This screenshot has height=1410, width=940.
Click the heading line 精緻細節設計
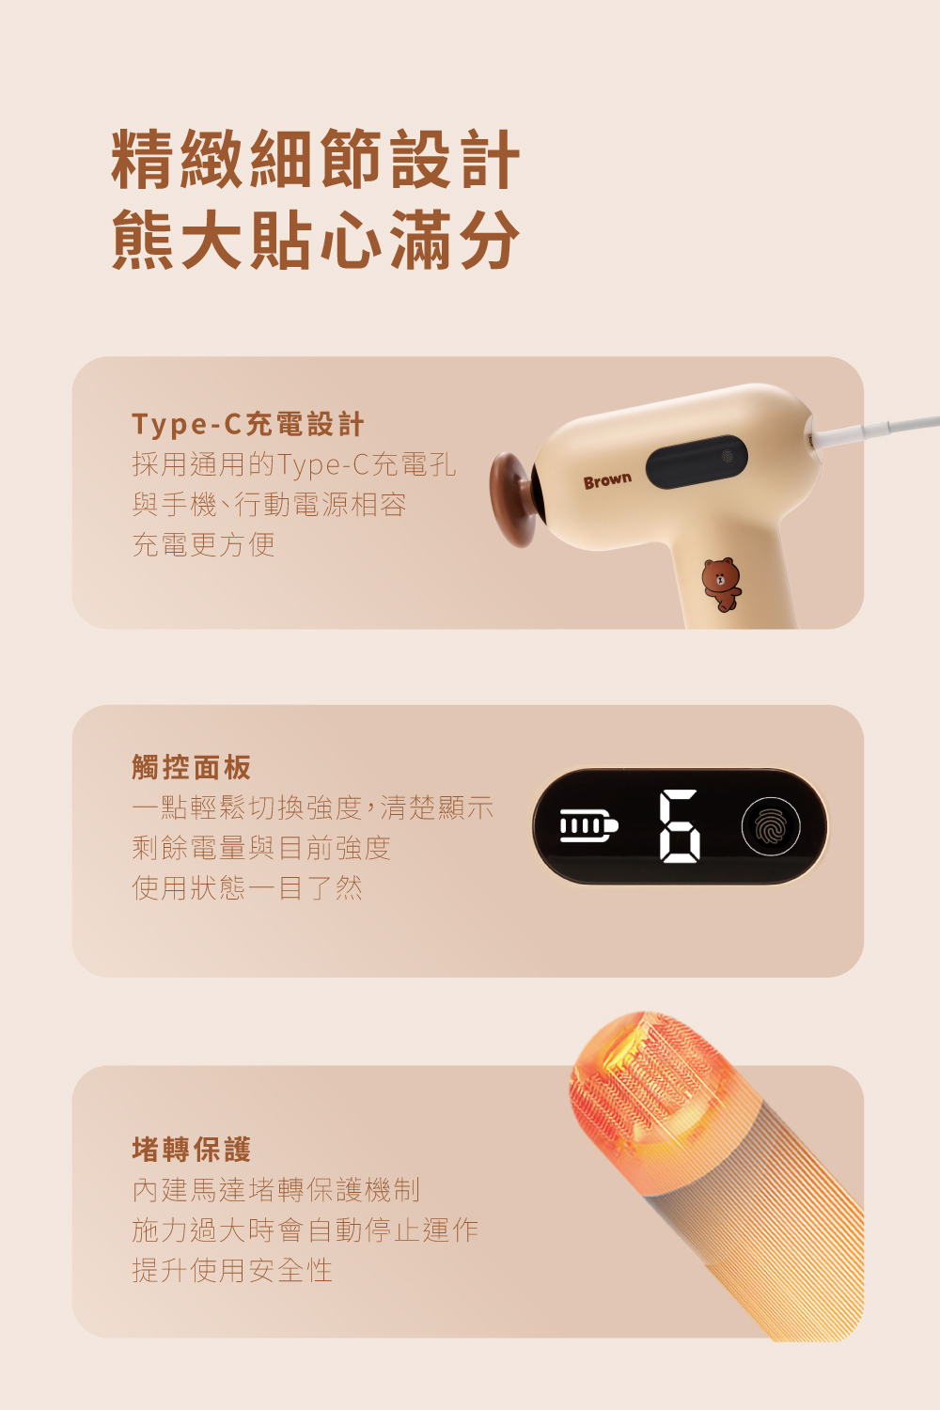point(316,159)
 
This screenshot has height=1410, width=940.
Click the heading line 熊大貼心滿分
point(316,240)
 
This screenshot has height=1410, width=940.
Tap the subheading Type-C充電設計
point(248,424)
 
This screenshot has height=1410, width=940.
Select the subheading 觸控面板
point(192,767)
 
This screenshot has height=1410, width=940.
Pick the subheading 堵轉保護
point(192,1149)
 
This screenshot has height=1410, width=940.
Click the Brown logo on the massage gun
point(607,481)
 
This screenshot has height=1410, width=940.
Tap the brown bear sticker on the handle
point(722,584)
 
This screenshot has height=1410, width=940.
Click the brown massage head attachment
point(514,498)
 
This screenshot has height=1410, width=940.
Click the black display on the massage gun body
point(697,462)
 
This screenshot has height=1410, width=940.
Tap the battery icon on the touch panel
point(588,825)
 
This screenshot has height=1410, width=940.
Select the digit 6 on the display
point(680,825)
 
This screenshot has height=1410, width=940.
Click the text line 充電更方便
point(203,544)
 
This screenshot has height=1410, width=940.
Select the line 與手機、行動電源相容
point(270,504)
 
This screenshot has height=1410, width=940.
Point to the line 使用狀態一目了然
point(247,887)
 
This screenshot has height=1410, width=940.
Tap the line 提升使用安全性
point(232,1270)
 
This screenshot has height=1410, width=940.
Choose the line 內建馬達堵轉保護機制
point(275,1190)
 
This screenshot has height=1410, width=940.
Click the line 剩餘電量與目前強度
point(261,847)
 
